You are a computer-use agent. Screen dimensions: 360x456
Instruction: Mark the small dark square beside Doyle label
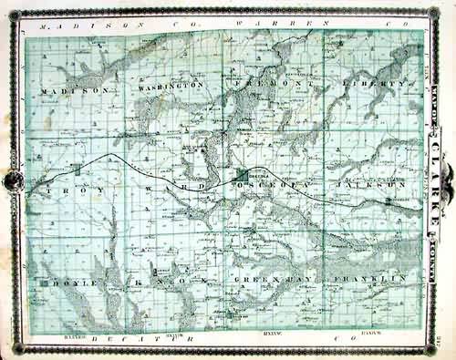pos(44,283)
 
